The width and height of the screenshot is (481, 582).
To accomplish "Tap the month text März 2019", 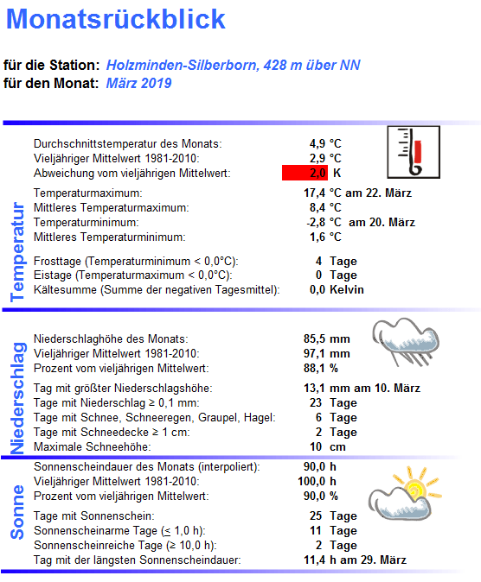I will tap(139, 83).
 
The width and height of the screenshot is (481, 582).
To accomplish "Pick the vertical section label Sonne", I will tap(16, 512).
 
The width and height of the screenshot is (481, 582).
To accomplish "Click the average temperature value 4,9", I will tap(317, 143).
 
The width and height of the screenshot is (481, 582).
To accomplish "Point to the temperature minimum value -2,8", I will tap(314, 223).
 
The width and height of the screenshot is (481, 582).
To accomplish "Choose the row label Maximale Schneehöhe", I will tap(92, 447).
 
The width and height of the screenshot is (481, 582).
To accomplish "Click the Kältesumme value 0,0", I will tap(317, 290).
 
